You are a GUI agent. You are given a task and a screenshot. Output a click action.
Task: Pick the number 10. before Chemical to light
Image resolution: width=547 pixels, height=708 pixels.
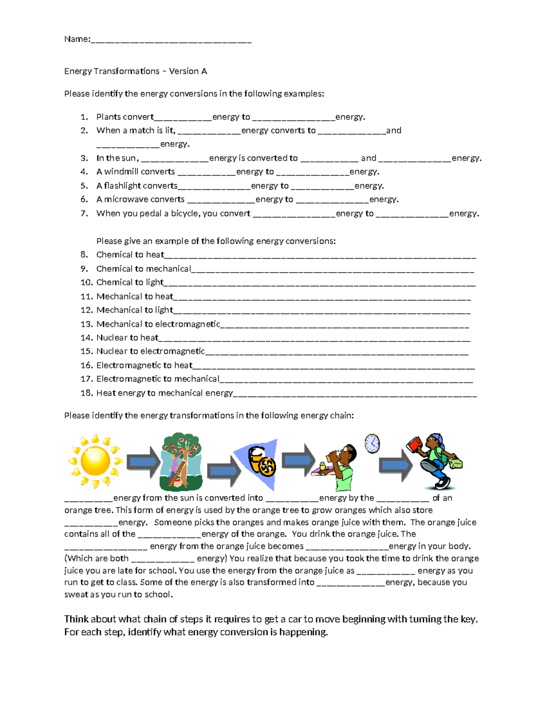coord(87,283)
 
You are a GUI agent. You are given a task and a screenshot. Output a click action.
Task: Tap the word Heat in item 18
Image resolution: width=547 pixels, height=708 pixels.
coord(106,393)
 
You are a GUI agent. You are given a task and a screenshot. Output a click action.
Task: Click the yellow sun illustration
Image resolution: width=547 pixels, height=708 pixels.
coord(95,460)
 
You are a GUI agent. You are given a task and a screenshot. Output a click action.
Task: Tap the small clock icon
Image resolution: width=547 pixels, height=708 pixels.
coord(372,443)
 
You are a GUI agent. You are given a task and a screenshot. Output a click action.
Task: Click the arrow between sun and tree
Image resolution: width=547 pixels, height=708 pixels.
coord(143,462)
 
